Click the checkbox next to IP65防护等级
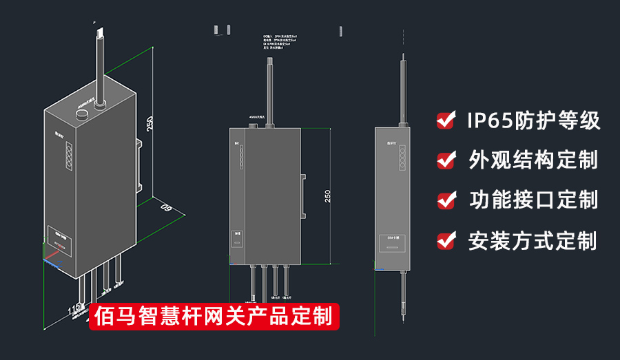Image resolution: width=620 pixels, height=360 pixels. pos(446,120)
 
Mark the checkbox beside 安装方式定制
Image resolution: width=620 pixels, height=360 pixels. pos(446,240)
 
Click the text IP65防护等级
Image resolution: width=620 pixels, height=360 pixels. pos(533,120)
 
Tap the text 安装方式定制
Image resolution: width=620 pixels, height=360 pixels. pos(532,240)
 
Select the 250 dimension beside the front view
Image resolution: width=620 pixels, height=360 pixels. pos(328,195)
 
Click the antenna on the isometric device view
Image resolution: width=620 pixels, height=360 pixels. pos(101,62)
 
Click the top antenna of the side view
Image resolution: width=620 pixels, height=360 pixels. pos(402,89)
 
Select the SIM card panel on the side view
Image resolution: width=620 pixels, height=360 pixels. pos(394,243)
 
